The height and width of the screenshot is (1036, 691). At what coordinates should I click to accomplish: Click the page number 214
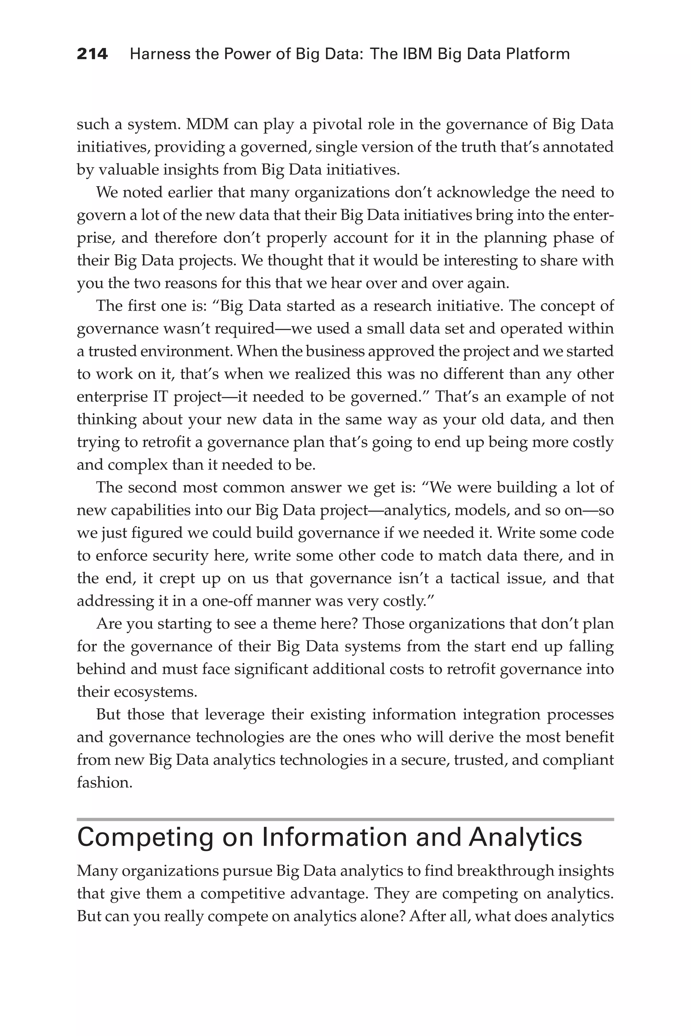tap(92, 54)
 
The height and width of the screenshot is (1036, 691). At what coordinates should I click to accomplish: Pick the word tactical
tap(475, 578)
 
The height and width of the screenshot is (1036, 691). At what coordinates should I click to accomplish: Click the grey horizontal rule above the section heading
tap(345, 820)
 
